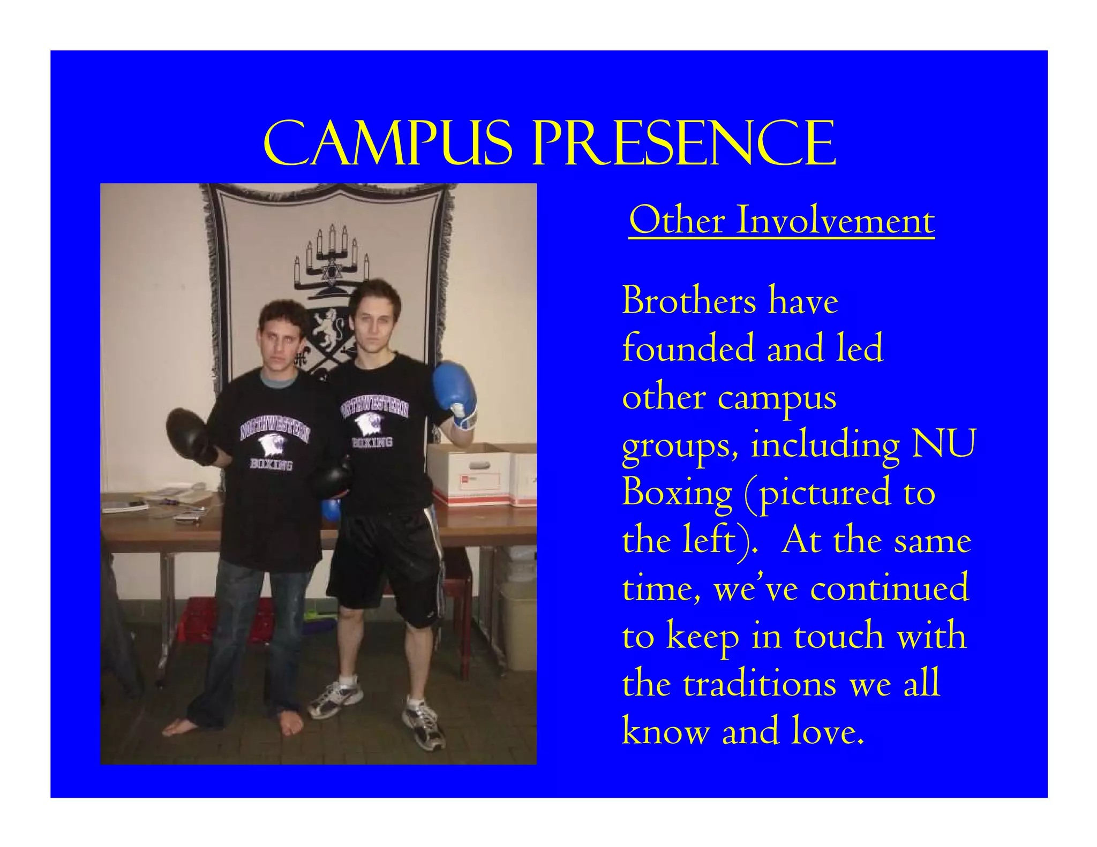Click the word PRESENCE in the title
(x=684, y=143)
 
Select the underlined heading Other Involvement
(x=781, y=221)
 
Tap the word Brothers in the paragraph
(x=689, y=301)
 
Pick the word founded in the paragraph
(x=688, y=349)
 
